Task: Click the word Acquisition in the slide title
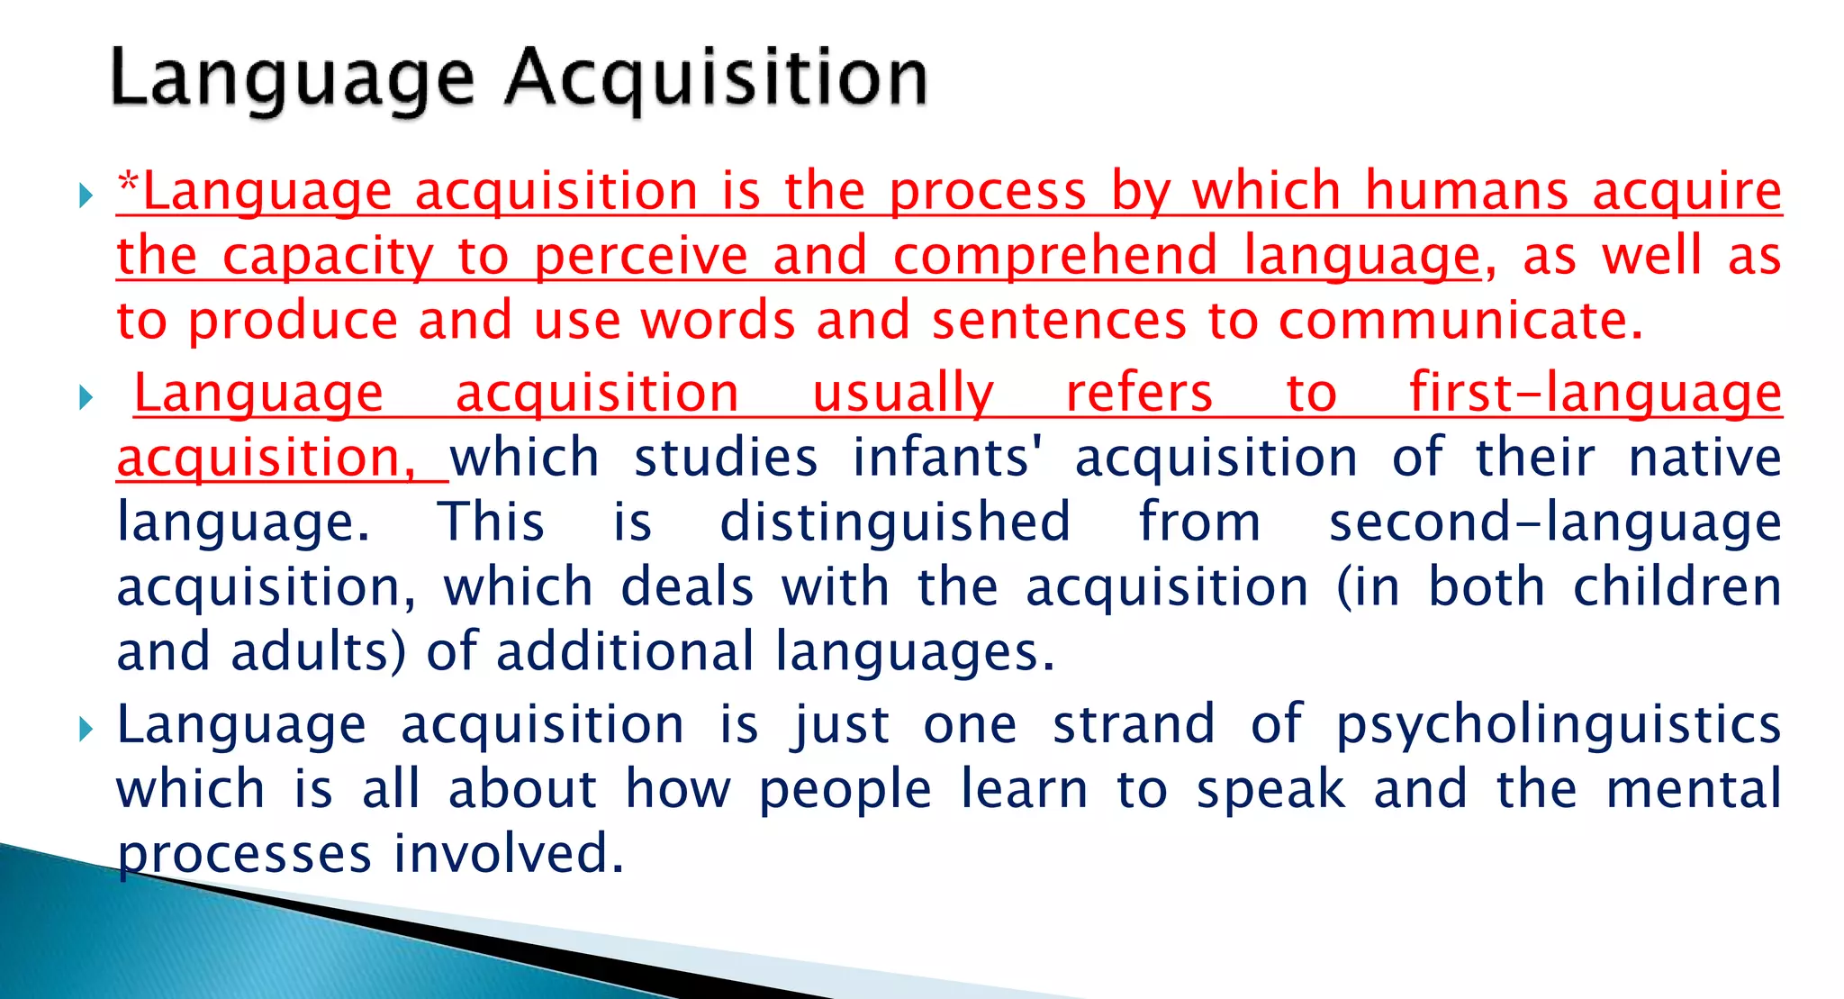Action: pyautogui.click(x=716, y=79)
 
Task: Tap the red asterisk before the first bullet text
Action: pyautogui.click(x=129, y=184)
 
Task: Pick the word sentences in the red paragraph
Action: pyautogui.click(x=1059, y=321)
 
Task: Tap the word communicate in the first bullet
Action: pyautogui.click(x=1460, y=321)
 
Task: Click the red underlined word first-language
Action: pyautogui.click(x=1595, y=395)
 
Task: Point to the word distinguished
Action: pyautogui.click(x=895, y=522)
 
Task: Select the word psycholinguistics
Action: pyautogui.click(x=1558, y=726)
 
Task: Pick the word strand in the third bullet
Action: pyautogui.click(x=1134, y=724)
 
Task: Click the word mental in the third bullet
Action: pyautogui.click(x=1693, y=789)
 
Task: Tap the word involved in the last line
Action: pyautogui.click(x=509, y=854)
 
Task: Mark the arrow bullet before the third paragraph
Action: pyautogui.click(x=86, y=728)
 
